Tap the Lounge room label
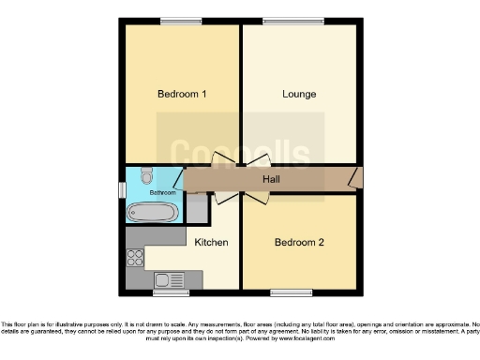tap(299, 94)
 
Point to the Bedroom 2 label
tap(299, 243)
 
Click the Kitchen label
tap(211, 243)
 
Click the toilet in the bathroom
tap(146, 176)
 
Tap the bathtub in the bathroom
tap(152, 213)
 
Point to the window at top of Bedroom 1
tap(174, 22)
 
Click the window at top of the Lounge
tap(287, 22)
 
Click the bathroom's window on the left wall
tap(122, 189)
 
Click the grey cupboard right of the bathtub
tap(197, 210)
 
